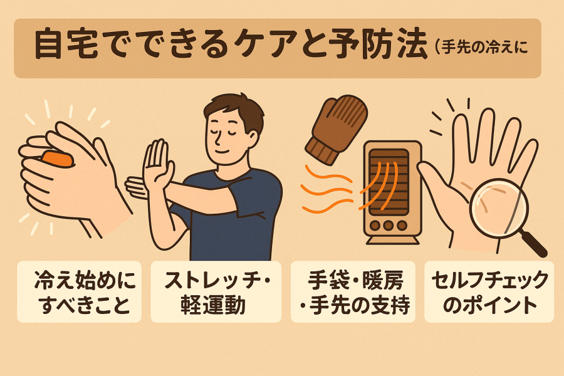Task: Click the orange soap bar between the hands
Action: click(58, 159)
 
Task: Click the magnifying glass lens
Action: click(499, 208)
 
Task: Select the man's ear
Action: click(253, 138)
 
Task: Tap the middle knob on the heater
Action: click(388, 226)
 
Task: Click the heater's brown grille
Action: click(389, 182)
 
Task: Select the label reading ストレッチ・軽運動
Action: click(216, 292)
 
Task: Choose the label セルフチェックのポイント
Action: click(489, 292)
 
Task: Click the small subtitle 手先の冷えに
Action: click(484, 48)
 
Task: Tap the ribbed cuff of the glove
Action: click(322, 151)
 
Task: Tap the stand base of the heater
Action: click(392, 239)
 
